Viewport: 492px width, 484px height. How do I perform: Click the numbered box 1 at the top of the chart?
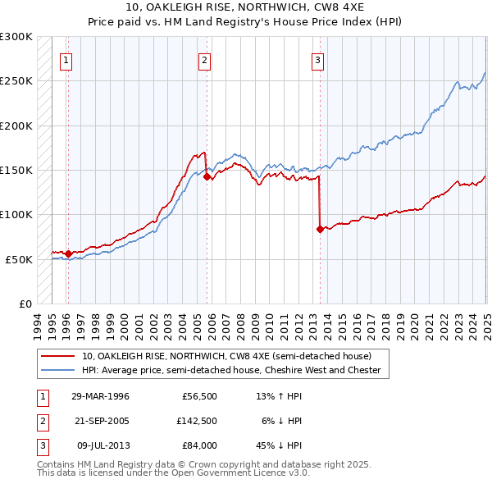[65, 59]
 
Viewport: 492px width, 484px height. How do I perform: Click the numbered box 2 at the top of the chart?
[203, 59]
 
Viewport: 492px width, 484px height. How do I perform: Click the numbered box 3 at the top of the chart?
[317, 59]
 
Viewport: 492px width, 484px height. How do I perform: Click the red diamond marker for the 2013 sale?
[319, 229]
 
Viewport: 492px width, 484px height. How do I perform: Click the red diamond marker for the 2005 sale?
[207, 176]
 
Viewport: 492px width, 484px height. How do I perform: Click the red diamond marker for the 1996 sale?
[67, 253]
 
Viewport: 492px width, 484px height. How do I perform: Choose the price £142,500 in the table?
[197, 421]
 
